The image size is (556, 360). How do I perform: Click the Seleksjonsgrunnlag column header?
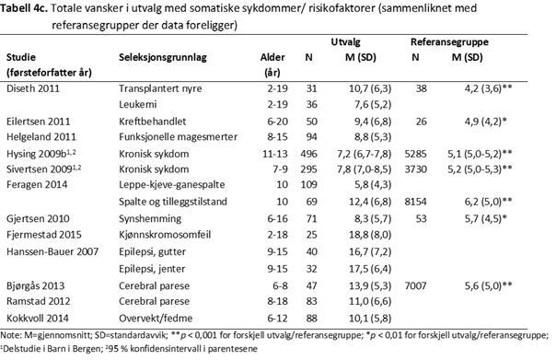pyautogui.click(x=161, y=57)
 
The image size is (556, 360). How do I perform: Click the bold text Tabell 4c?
pyautogui.click(x=30, y=7)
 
